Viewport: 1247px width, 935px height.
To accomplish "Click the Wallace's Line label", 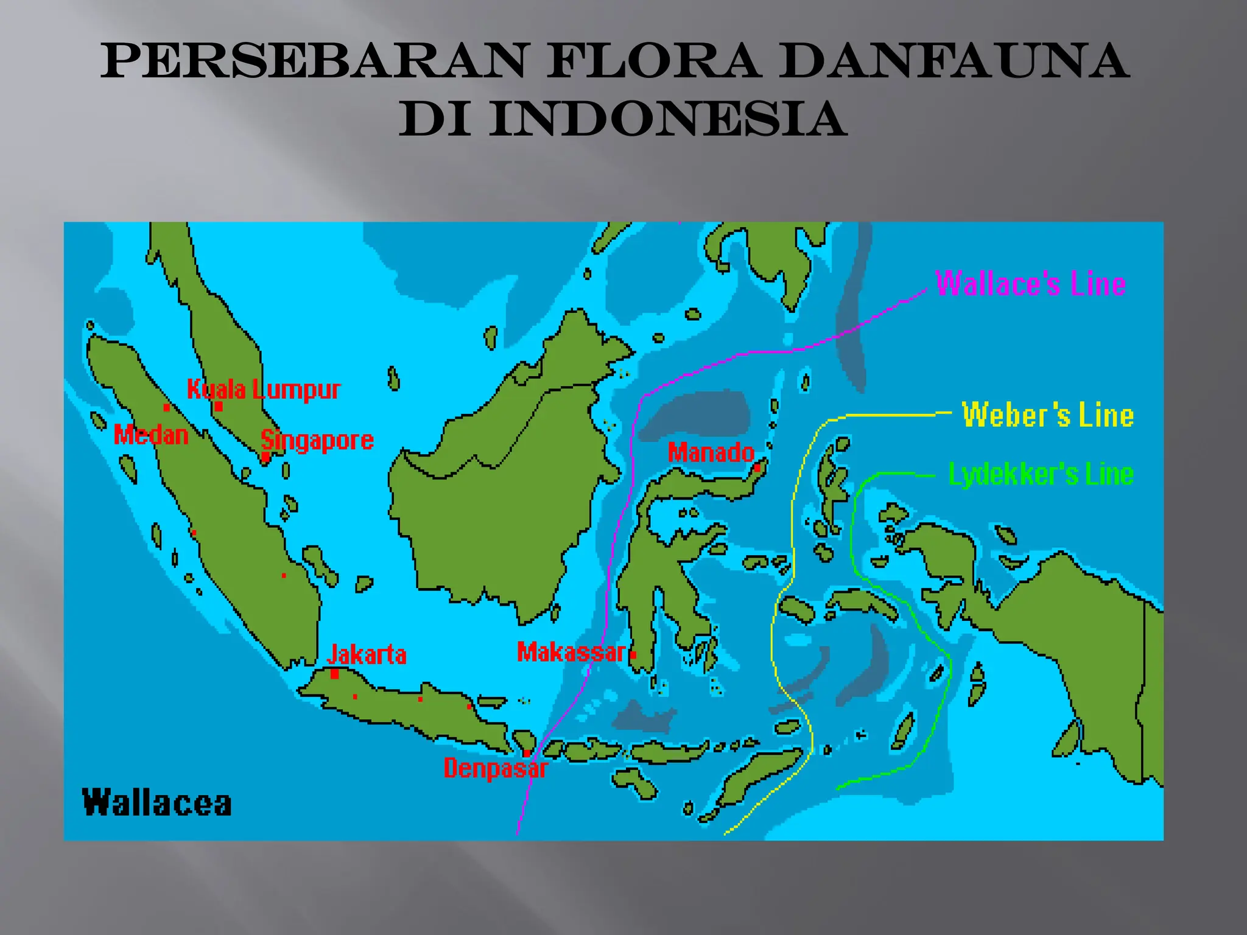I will click(1030, 284).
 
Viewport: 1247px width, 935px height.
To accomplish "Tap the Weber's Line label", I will click(1047, 415).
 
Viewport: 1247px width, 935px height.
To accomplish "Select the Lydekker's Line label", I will click(1041, 474).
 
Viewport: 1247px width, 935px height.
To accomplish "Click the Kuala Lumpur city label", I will click(264, 390).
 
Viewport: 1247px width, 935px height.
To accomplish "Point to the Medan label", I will click(151, 435).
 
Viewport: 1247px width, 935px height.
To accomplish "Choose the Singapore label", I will click(317, 440).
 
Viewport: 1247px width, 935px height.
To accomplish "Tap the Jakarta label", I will click(367, 655).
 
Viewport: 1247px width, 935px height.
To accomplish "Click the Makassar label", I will click(571, 653).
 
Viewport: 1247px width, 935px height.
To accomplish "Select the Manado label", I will click(711, 453).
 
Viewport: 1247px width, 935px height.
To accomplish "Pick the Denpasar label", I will click(496, 768).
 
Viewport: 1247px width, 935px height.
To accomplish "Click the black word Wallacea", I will click(157, 803).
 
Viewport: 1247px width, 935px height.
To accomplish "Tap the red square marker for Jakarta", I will click(334, 674).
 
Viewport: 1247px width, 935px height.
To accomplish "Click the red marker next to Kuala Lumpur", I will click(219, 406).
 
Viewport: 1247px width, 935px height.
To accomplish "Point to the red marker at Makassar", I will click(633, 655).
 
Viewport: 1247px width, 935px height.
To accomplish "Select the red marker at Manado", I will click(757, 468).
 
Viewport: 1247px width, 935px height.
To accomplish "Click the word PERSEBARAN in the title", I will click(313, 61).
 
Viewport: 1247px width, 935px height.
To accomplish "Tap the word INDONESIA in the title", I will click(668, 119).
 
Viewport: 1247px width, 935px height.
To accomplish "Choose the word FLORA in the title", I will click(653, 61).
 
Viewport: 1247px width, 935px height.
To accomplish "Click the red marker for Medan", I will click(166, 408).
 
